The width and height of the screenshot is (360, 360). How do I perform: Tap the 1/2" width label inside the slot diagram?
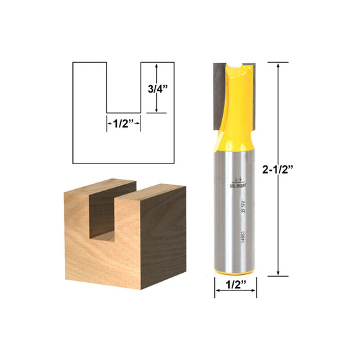click(x=124, y=123)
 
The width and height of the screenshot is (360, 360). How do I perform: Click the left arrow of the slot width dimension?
click(x=109, y=123)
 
